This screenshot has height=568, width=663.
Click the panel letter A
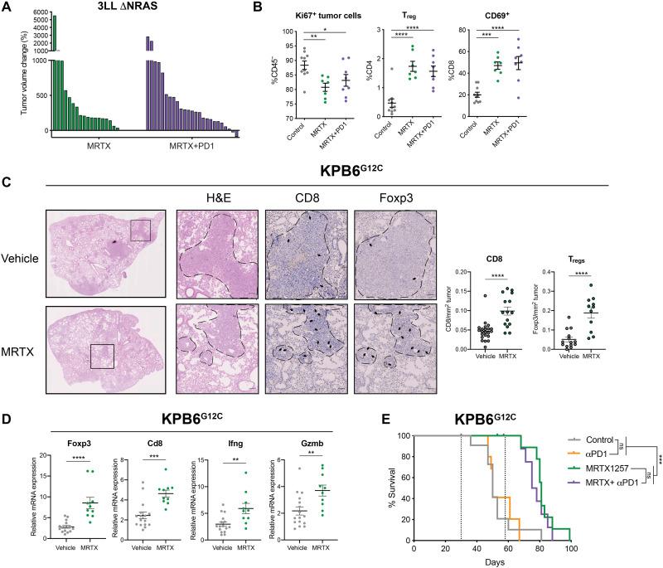pyautogui.click(x=7, y=7)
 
